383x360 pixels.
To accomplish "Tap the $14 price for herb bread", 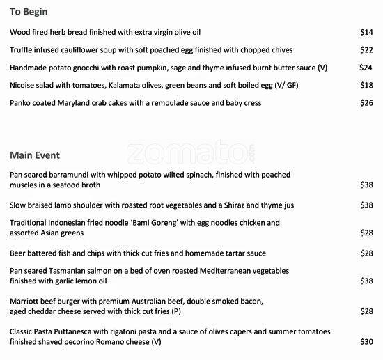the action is pos(367,32).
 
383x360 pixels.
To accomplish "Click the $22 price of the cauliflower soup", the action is pos(367,50).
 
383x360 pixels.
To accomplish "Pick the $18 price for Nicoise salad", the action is pos(367,86).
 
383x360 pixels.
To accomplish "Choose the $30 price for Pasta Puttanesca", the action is pos(367,342).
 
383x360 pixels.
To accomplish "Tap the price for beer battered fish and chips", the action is pos(367,253).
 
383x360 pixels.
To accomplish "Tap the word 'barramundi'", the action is pos(72,174).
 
